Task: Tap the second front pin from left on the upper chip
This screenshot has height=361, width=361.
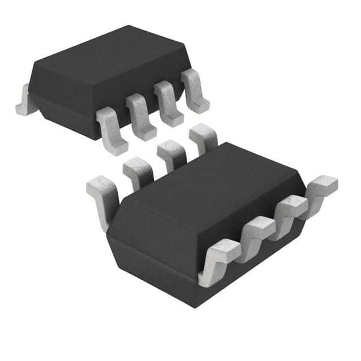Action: pos(140,115)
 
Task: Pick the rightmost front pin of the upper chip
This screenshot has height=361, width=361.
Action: pos(195,90)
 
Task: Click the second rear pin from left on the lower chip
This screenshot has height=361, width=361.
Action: pos(136,172)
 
